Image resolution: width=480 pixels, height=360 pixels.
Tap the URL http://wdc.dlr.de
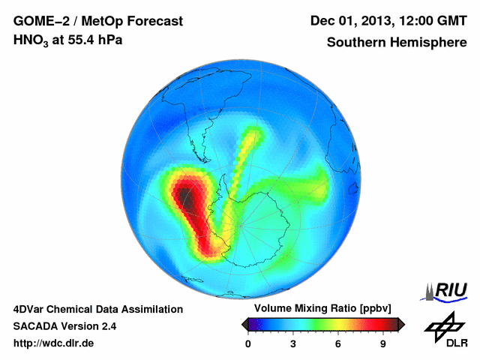54,343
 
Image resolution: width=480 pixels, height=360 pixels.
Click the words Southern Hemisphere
397,42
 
